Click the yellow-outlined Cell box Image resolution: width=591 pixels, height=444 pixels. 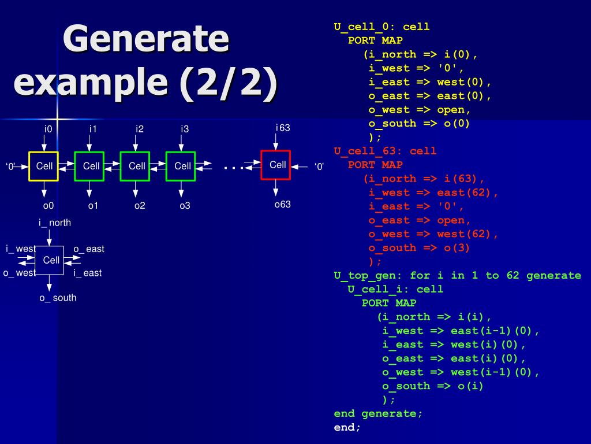coord(44,166)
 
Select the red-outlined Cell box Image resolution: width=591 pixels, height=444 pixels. coord(275,165)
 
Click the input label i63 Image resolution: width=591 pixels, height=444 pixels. coord(282,128)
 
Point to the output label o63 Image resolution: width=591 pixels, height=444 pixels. coord(282,204)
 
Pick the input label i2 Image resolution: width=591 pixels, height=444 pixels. coord(140,129)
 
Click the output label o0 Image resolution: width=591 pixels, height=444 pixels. coord(48,205)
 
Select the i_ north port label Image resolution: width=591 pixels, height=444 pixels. coord(55,223)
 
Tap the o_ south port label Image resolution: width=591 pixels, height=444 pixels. coord(58,298)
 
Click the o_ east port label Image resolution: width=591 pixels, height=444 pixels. coord(89,249)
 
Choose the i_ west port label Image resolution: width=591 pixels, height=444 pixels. coord(21,249)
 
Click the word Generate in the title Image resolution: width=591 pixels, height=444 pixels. coord(145,39)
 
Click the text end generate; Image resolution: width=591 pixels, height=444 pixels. coord(378,413)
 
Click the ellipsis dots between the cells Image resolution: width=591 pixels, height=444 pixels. coord(233,168)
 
